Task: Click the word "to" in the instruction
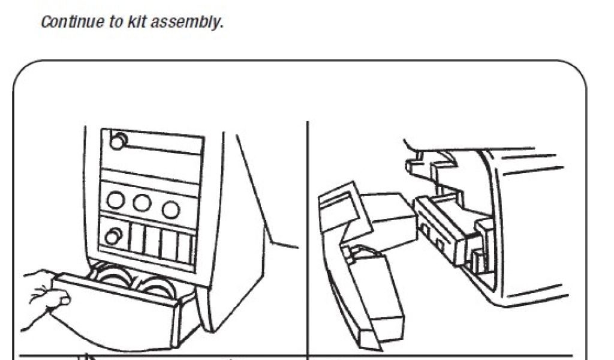point(109,23)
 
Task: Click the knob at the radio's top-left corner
point(119,142)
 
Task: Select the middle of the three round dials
point(142,203)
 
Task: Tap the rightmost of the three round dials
point(171,209)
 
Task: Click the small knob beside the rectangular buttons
point(112,236)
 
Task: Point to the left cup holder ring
point(111,278)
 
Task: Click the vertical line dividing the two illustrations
point(308,240)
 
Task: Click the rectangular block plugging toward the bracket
point(384,218)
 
